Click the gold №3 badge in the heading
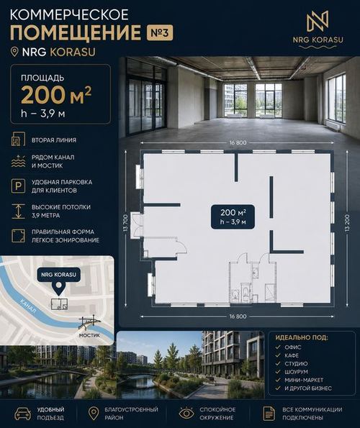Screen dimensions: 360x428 (160, 33)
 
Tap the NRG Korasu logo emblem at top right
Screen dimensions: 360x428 (318, 21)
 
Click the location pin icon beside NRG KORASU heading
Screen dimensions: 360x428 (14, 52)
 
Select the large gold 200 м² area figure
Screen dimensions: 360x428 (56, 95)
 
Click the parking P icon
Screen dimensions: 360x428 (18, 186)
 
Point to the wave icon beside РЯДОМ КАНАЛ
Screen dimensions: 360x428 (18, 161)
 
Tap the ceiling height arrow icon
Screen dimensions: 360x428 (18, 211)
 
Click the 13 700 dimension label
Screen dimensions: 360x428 (125, 223)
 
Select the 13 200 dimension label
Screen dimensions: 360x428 (347, 223)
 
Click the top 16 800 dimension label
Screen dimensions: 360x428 (238, 142)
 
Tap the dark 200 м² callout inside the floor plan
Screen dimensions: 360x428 (233, 217)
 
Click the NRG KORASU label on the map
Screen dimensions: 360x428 (59, 275)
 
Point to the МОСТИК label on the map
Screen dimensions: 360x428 (89, 335)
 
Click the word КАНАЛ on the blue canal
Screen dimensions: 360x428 (28, 306)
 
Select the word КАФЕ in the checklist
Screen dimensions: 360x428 (292, 355)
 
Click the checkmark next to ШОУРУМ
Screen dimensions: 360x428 (278, 371)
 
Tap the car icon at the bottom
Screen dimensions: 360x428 (22, 414)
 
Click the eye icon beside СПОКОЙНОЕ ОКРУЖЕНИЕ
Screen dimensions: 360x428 (186, 414)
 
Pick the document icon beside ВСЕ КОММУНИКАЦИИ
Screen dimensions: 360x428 (269, 414)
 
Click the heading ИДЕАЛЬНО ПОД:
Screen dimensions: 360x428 (302, 337)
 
